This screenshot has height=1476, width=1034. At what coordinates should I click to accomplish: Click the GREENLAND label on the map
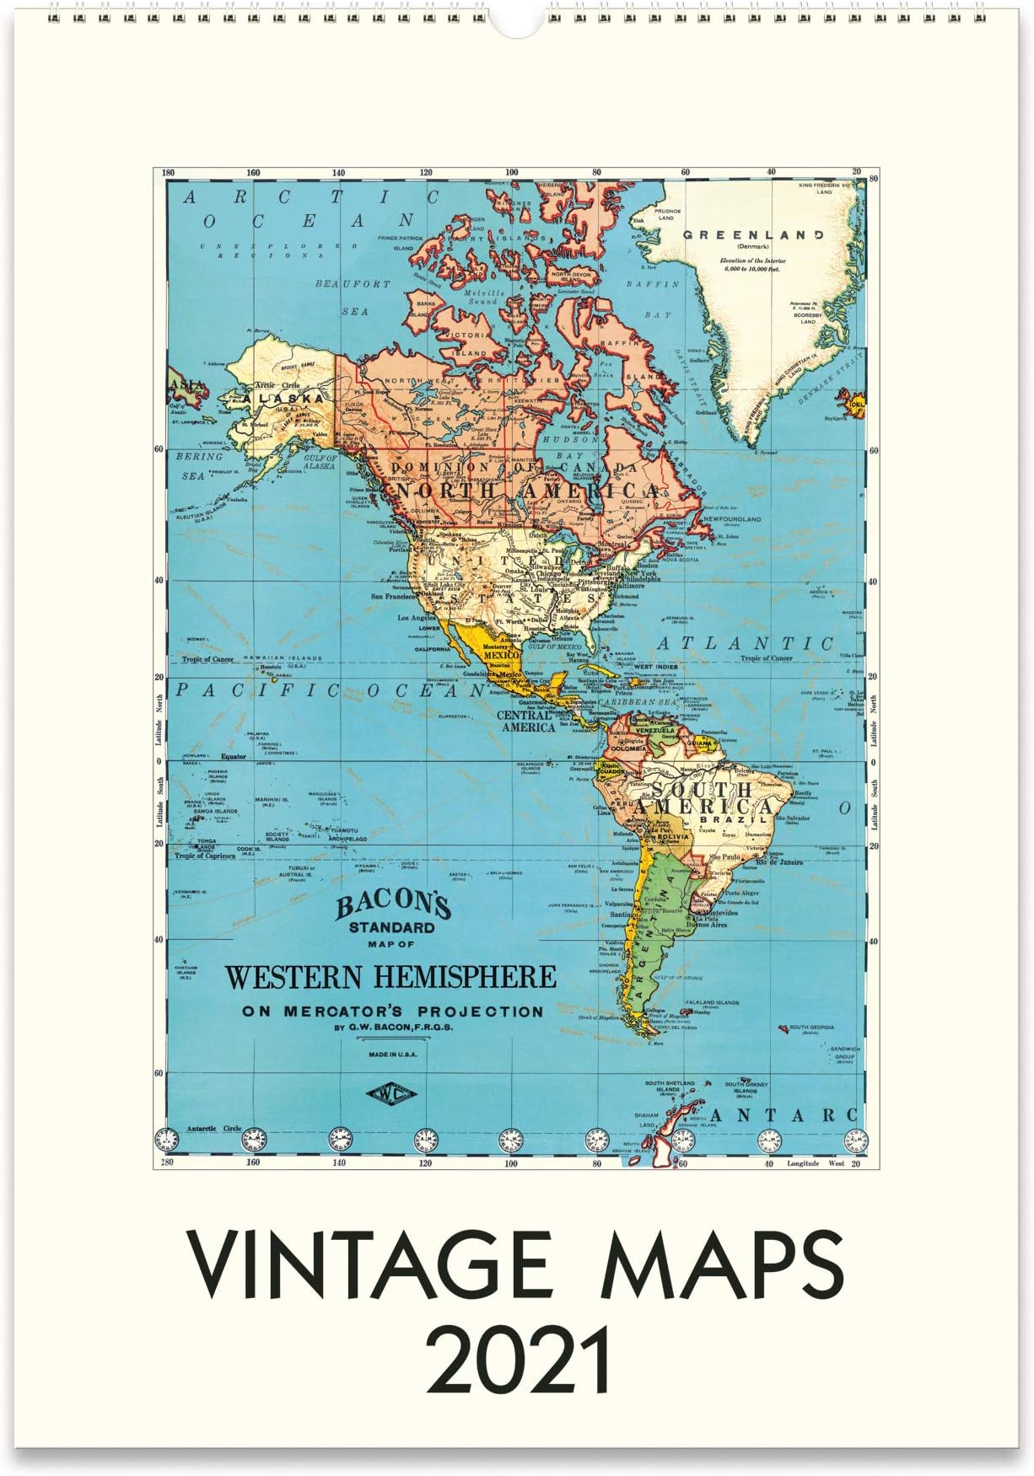pos(753,234)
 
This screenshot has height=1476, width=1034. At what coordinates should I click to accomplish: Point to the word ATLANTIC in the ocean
pos(745,643)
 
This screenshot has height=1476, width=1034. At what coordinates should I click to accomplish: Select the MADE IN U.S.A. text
pos(391,1054)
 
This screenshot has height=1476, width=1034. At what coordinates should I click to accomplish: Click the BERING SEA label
pos(201,465)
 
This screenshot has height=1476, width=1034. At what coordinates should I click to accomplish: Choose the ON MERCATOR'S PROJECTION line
pos(393,1011)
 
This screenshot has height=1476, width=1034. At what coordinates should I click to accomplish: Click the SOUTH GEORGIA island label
pos(810,1027)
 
